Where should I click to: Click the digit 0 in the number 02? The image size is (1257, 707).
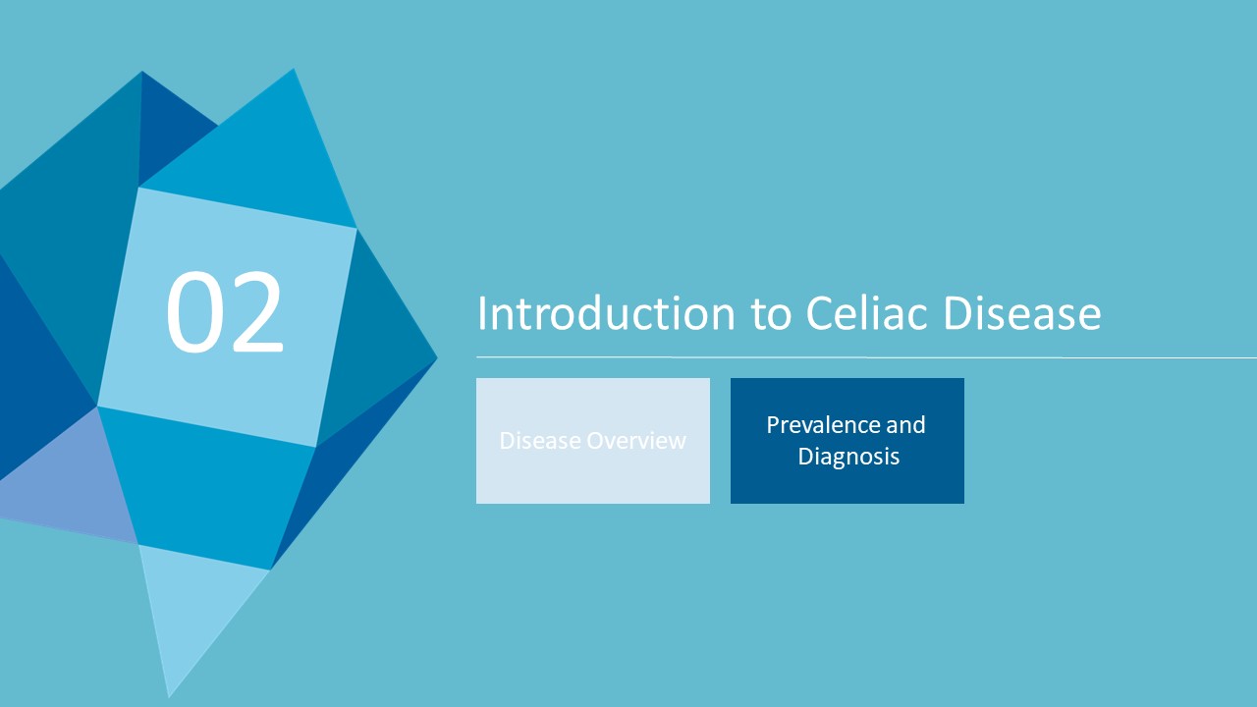tap(192, 311)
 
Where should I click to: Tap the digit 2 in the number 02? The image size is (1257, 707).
tap(256, 311)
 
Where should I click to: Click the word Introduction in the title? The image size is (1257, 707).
tap(606, 313)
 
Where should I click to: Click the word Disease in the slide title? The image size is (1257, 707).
tap(1022, 312)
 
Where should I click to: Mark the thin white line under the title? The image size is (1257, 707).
tap(866, 356)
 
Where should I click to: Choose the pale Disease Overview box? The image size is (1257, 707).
tap(593, 441)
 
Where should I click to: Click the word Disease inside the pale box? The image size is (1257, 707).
tap(540, 441)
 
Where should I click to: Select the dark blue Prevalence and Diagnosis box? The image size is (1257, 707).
tap(847, 441)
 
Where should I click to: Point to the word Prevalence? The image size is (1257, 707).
tap(823, 425)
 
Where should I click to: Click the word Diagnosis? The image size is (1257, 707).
tap(848, 457)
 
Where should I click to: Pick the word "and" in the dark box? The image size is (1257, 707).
tap(905, 425)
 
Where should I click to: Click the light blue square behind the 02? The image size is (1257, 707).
tap(227, 317)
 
